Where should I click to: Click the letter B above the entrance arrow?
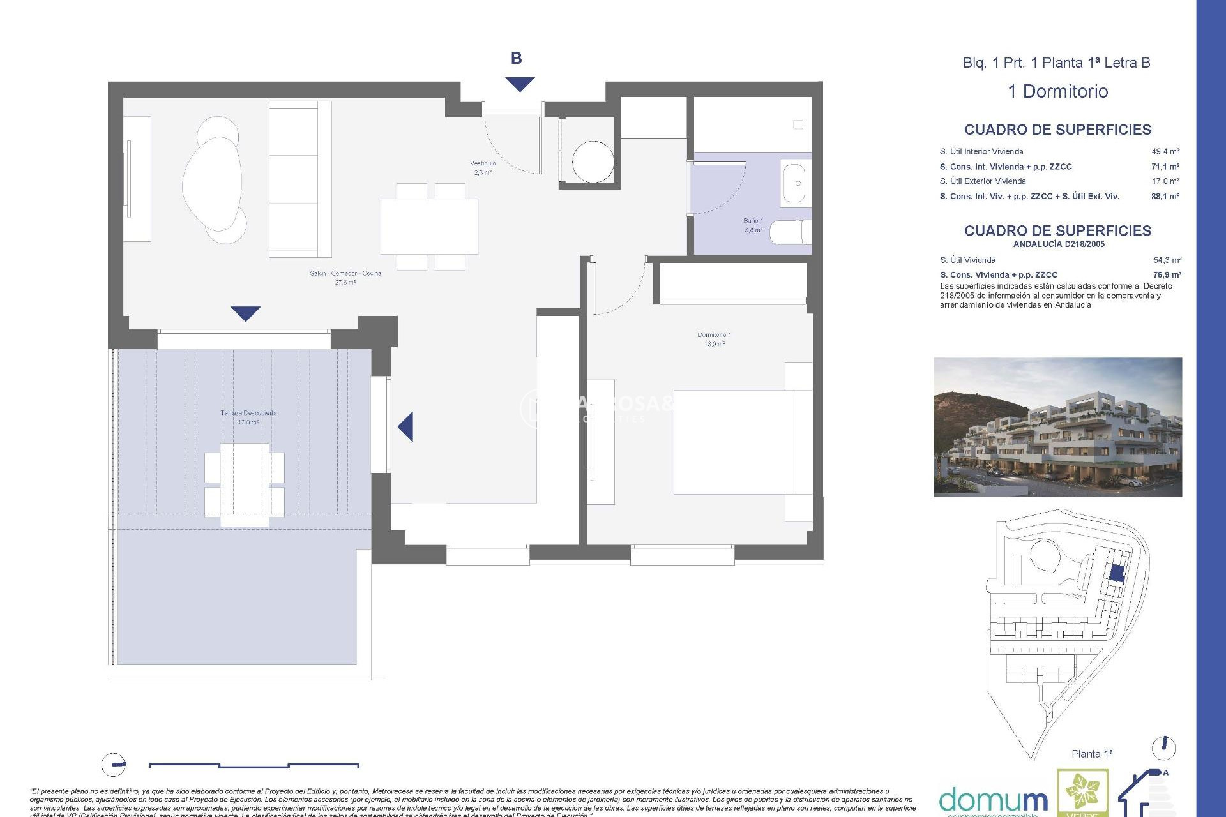coord(516,59)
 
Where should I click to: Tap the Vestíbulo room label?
coord(483,163)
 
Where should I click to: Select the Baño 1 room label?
coord(753,221)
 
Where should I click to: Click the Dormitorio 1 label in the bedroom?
coord(714,335)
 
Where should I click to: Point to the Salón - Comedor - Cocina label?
coord(345,273)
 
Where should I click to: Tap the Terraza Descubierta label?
coord(248,413)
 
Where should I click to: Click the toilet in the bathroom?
coord(790,232)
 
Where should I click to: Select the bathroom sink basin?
coord(795,183)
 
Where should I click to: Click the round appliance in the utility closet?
coord(593,161)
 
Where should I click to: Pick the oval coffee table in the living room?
coord(213,182)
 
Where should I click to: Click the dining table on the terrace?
coord(245,484)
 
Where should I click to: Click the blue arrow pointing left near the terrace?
coord(406,426)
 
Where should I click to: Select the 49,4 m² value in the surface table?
coord(1165,152)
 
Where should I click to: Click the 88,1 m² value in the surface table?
coord(1165,197)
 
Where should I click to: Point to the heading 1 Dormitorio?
coord(1057,91)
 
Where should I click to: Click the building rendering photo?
coord(1057,427)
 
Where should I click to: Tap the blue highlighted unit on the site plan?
coord(1116,573)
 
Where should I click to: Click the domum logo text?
coord(993,800)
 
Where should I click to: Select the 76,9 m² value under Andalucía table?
coord(1167,275)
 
